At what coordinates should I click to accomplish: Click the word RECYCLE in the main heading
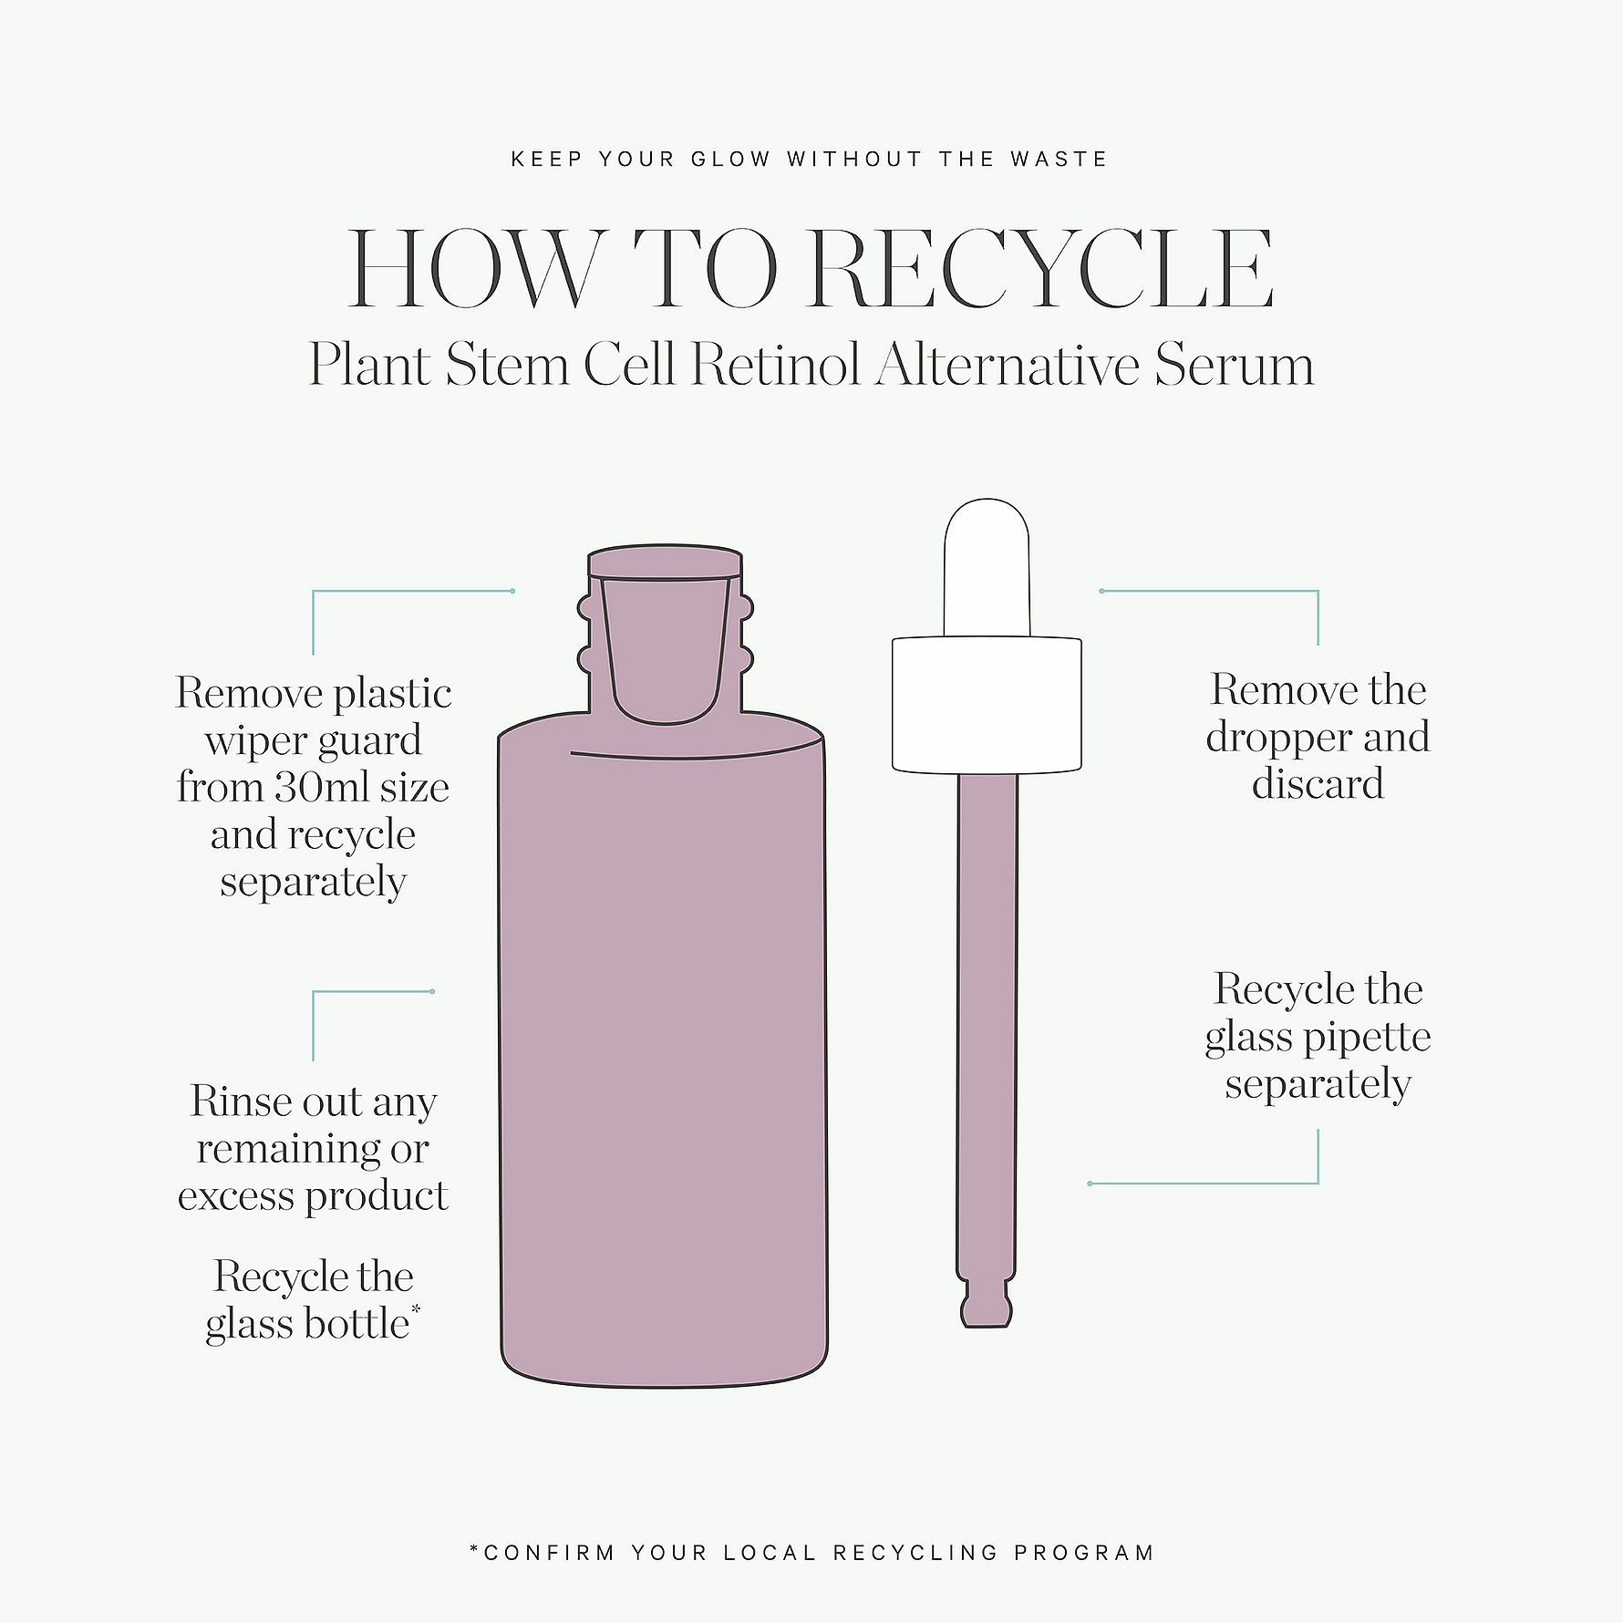(x=1040, y=269)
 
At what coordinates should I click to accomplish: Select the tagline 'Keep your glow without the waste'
(x=810, y=160)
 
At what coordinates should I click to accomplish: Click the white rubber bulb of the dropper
(x=987, y=567)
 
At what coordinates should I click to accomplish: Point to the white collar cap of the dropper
(x=987, y=704)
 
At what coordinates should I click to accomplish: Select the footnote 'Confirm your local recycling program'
(x=811, y=1552)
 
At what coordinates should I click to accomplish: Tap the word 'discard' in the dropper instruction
(x=1318, y=784)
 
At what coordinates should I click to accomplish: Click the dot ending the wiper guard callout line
(x=512, y=591)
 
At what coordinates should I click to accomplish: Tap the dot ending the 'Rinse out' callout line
(x=432, y=991)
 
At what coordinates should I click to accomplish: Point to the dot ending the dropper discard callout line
(x=1102, y=591)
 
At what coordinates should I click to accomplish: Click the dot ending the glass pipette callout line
(x=1090, y=1184)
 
